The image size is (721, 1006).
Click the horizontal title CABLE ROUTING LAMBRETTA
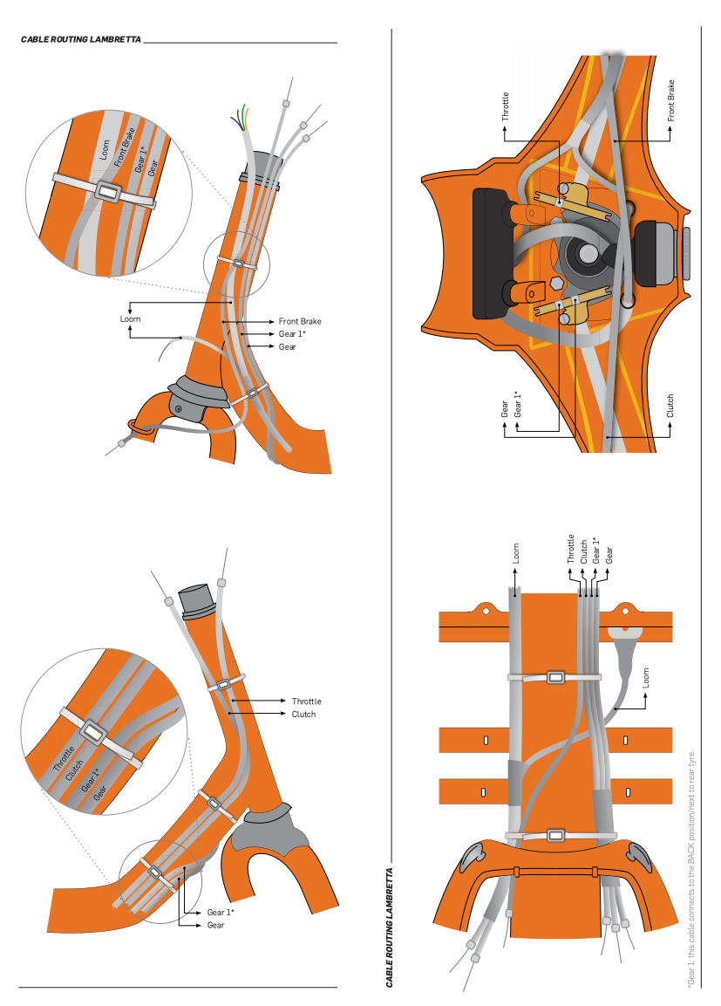coord(80,40)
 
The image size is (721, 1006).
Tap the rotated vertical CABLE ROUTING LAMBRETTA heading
coord(389,926)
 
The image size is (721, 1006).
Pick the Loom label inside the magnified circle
coord(104,151)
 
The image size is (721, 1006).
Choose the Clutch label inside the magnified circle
coord(76,765)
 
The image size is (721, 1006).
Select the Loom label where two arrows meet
coord(129,319)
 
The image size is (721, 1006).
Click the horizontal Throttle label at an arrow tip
coord(306,701)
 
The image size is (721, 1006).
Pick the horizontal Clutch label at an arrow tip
coord(303,715)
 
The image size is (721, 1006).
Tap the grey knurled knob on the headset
coord(686,253)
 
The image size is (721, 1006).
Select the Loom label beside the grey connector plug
coord(646,677)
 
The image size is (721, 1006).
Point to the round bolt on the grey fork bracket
coord(179,408)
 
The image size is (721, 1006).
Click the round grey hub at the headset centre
coord(585,254)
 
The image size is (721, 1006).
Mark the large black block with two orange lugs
coord(489,253)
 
